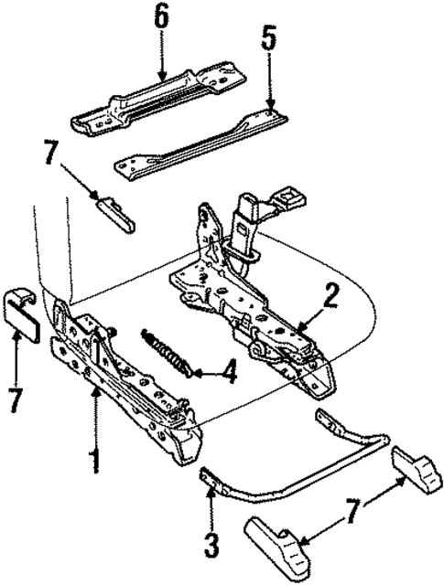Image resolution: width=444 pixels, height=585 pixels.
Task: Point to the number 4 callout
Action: pyautogui.click(x=228, y=374)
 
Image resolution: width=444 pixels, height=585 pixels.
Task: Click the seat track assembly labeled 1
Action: pyautogui.click(x=128, y=375)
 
